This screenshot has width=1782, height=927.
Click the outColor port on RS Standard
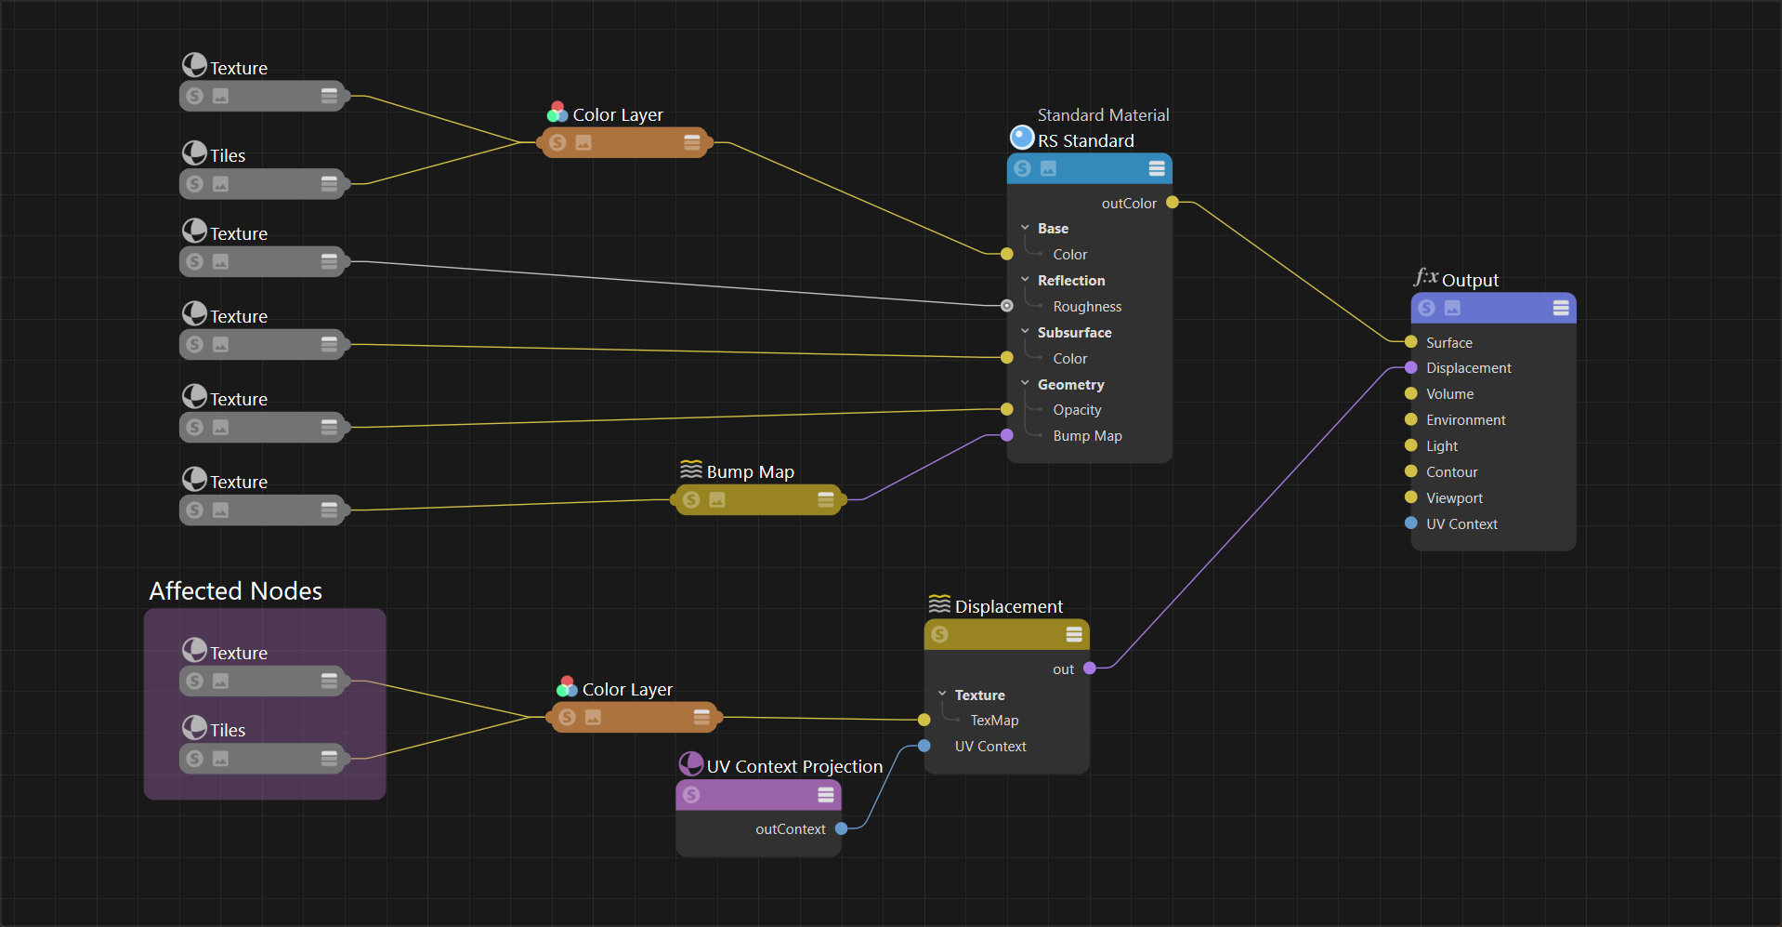pos(1173,203)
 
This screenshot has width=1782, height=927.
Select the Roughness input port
pos(1007,306)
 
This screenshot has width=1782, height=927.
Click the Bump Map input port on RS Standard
pos(1007,435)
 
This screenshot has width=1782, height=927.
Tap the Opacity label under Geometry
pos(1077,410)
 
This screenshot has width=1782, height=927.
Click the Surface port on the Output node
pos(1411,342)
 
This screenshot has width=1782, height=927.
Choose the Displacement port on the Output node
pos(1411,368)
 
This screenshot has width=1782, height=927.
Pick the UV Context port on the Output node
pos(1411,523)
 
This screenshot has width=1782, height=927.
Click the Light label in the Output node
pos(1442,446)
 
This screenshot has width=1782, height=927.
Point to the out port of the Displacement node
pos(1090,669)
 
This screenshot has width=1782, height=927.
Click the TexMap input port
pos(924,720)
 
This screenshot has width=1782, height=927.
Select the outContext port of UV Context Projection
pos(842,828)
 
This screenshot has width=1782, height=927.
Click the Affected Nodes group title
pos(236,591)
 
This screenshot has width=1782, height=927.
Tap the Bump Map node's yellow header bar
pos(759,500)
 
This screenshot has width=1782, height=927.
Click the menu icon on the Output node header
pos(1561,308)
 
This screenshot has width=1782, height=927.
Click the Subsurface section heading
pos(1074,333)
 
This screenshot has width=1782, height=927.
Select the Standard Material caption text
pos(1103,115)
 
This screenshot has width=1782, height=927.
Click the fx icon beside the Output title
pos(1425,277)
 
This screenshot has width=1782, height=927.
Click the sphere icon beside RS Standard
pos(1022,138)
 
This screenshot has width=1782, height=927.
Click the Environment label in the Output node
pos(1465,420)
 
